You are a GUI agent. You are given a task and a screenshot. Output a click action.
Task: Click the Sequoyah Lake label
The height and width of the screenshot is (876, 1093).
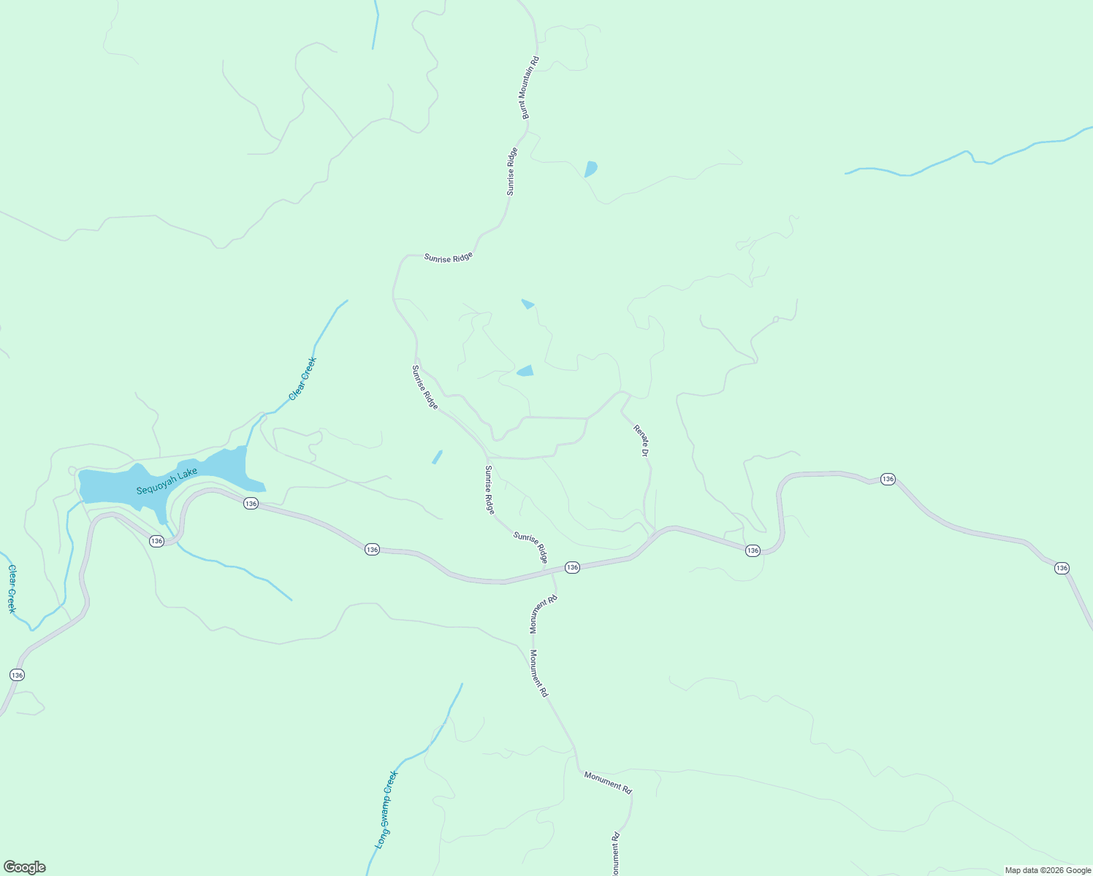click(x=167, y=482)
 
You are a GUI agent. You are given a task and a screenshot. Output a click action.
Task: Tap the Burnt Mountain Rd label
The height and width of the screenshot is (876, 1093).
click(x=530, y=88)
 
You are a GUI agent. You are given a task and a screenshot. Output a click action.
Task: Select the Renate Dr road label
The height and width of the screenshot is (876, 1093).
click(x=641, y=441)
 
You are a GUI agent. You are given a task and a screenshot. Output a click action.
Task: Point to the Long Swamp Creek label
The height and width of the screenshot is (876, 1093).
click(x=386, y=810)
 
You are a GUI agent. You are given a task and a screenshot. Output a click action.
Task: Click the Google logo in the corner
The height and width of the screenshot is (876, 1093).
click(x=24, y=867)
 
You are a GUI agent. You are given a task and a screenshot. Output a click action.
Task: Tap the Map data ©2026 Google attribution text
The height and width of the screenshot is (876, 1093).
click(x=1048, y=870)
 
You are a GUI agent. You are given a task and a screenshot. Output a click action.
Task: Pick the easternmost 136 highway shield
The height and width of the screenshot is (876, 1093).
click(x=1062, y=568)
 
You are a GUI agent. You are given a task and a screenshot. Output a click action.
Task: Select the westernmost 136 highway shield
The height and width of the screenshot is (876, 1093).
click(x=17, y=675)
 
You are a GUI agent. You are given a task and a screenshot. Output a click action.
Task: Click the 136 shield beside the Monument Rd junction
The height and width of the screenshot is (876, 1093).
click(x=572, y=567)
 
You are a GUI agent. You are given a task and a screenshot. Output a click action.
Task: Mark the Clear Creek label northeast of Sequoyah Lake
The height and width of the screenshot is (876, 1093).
click(x=303, y=378)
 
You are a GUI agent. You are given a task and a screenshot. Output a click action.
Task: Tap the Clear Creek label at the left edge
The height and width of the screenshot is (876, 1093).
click(x=12, y=588)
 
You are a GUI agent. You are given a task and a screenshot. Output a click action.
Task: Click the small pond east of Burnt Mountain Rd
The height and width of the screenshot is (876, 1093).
click(x=590, y=169)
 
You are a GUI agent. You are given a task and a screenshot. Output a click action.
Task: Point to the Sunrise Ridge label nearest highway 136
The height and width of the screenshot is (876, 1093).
click(x=530, y=547)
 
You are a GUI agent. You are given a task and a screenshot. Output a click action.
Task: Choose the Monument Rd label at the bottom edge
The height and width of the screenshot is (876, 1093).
click(x=615, y=854)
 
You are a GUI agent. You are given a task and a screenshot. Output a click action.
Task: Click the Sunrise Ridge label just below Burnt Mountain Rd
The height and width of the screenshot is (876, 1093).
click(x=512, y=172)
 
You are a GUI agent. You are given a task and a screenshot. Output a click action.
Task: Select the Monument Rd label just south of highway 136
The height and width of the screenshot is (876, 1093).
click(x=544, y=614)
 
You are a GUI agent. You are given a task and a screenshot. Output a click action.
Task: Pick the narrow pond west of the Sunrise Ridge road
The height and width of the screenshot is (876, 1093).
click(x=437, y=457)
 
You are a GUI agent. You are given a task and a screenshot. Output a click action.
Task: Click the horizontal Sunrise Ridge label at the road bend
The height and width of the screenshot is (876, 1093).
click(x=449, y=257)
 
